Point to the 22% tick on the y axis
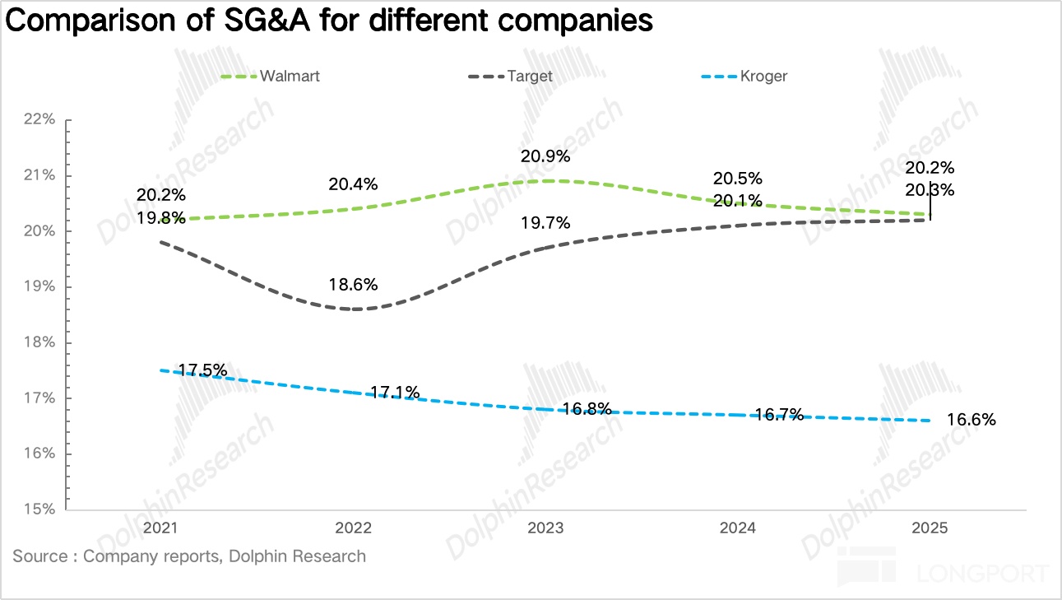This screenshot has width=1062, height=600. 39,119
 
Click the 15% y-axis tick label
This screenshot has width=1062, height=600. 39,509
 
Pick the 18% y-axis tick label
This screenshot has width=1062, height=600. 39,342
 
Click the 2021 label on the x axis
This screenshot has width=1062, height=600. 161,528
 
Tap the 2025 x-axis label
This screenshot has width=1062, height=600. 930,528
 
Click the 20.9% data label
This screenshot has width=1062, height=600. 545,156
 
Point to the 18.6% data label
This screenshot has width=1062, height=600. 354,285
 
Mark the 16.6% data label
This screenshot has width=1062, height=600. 972,420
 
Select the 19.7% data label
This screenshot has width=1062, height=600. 545,222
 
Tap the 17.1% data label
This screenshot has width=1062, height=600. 395,393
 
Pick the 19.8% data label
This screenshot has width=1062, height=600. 161,218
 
